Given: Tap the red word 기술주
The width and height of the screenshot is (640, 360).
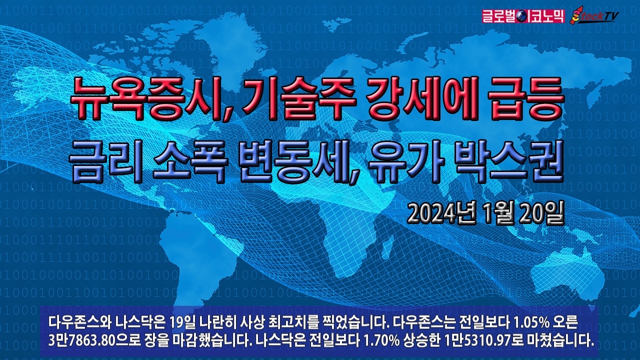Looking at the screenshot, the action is [294, 99].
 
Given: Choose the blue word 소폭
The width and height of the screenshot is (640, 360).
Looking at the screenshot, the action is [190, 161].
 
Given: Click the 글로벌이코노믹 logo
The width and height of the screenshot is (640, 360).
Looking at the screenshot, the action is [523, 16].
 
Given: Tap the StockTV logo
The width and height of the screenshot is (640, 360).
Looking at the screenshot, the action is [593, 15].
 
